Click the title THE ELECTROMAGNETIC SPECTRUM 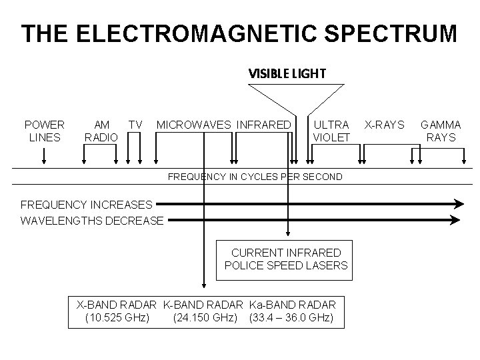(x=239, y=33)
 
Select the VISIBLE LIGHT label (x=287, y=73)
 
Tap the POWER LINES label (x=44, y=131)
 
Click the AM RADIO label (x=101, y=131)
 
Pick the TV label (x=135, y=125)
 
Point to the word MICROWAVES (x=194, y=125)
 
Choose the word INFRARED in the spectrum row (x=265, y=125)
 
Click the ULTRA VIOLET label (x=331, y=131)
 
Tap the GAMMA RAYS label (x=441, y=131)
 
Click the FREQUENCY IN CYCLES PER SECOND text (x=255, y=177)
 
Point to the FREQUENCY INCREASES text (x=87, y=204)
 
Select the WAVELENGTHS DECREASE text (x=92, y=220)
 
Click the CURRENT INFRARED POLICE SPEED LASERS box (x=286, y=259)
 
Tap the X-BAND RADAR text (x=117, y=304)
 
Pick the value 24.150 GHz (x=205, y=317)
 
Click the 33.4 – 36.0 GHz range (x=291, y=317)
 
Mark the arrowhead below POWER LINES (x=44, y=160)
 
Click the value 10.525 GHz (x=117, y=317)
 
